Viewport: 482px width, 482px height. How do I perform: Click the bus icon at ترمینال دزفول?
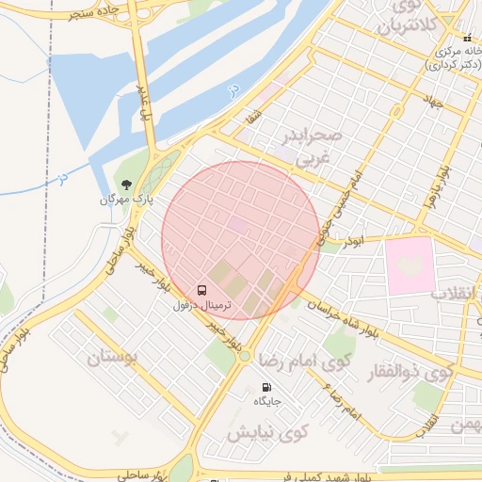[x=202, y=289]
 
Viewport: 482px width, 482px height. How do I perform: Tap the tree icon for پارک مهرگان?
[x=125, y=184]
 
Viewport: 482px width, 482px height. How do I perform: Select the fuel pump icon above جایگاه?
[x=267, y=387]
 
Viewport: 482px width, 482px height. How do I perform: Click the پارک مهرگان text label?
[x=125, y=200]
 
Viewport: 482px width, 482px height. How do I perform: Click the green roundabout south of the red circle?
[x=245, y=356]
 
